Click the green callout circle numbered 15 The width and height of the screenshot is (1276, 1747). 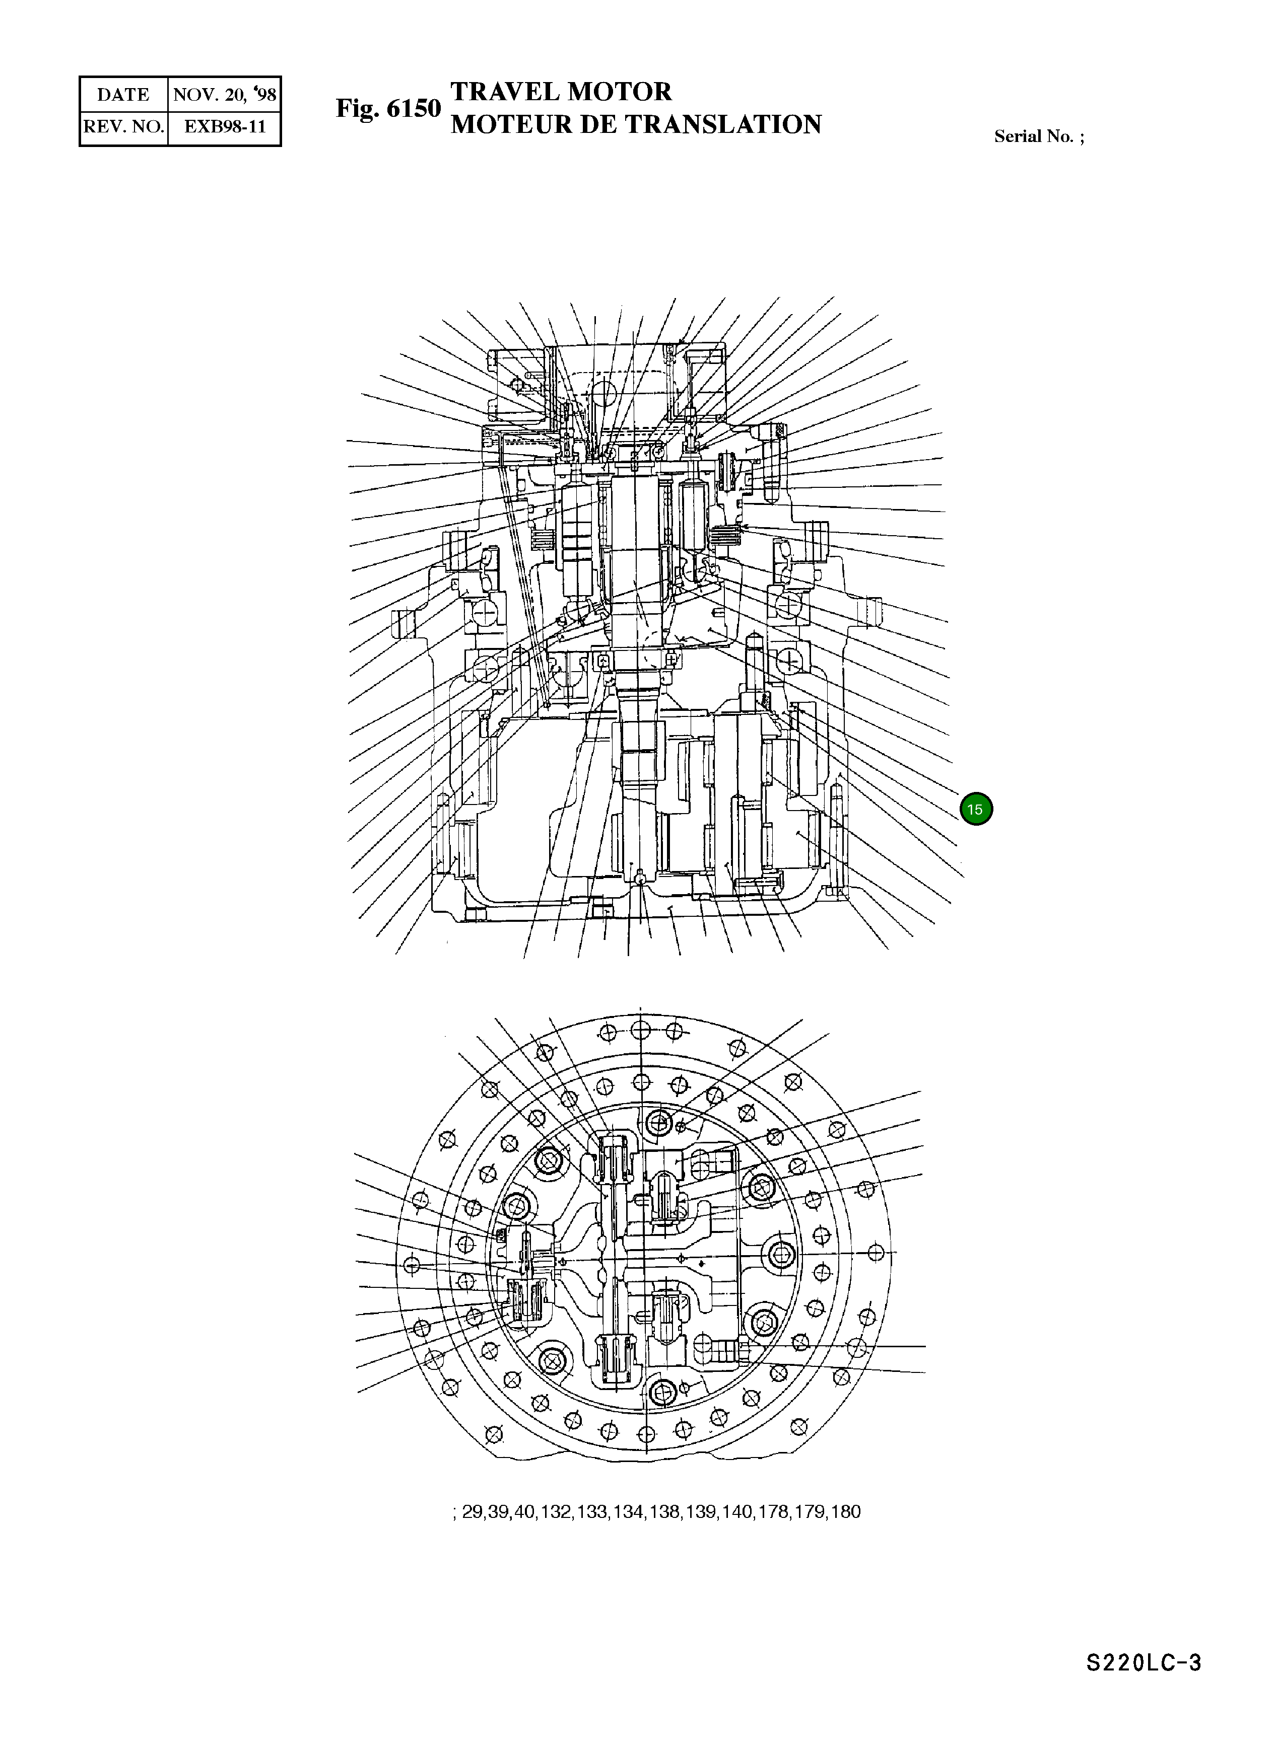click(x=976, y=809)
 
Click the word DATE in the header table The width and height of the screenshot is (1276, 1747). click(x=123, y=95)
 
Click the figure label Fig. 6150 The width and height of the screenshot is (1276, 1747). click(x=388, y=109)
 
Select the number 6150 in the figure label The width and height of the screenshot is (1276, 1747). click(x=413, y=109)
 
